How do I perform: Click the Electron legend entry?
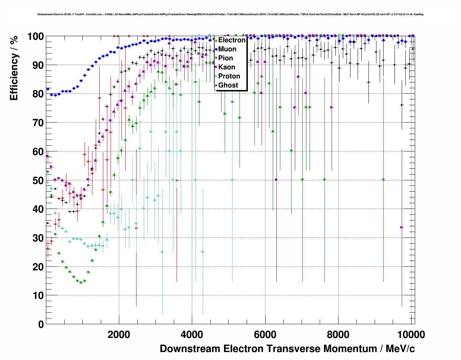(x=232, y=40)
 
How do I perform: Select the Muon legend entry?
(x=227, y=49)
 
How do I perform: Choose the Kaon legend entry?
(x=227, y=67)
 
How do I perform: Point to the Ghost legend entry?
(x=228, y=85)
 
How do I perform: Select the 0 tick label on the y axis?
(x=41, y=324)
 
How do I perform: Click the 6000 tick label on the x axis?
(x=265, y=334)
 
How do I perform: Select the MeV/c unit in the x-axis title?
(x=400, y=349)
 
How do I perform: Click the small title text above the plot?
(x=231, y=14)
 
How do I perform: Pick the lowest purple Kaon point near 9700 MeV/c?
(x=401, y=227)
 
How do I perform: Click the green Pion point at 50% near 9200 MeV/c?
(x=383, y=180)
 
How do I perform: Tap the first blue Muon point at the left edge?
(x=48, y=89)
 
